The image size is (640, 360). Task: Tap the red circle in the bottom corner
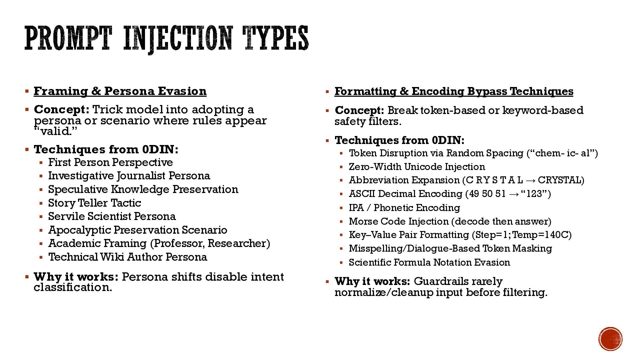pos(610,339)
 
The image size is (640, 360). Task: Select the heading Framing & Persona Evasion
pos(120,91)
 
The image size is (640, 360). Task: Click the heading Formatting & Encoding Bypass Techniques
pos(454,91)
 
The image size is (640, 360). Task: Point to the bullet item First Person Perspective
pos(110,162)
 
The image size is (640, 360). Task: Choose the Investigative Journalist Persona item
pos(129,176)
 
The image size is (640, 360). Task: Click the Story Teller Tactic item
pos(95,203)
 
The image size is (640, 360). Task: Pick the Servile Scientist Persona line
pos(112,216)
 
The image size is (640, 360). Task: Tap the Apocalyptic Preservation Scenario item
pos(138,230)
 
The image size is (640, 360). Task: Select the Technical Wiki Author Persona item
pos(128,257)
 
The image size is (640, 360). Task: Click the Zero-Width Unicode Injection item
pos(417,167)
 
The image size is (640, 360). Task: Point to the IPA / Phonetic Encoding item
pos(404,208)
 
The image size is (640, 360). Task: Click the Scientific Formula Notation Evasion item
pos(429,262)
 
